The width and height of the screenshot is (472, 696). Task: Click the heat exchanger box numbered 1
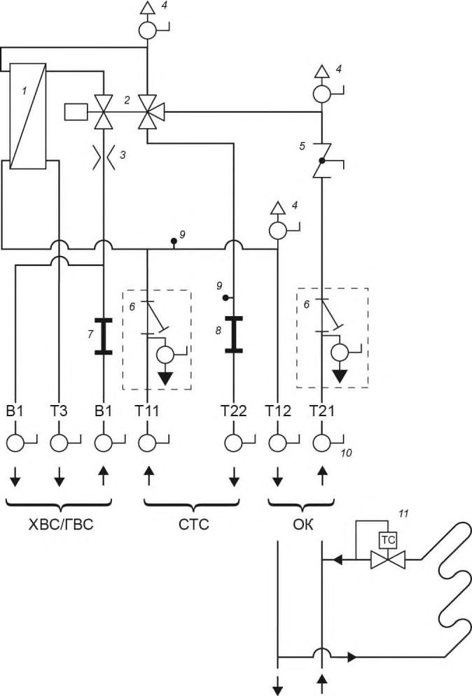[x=27, y=116]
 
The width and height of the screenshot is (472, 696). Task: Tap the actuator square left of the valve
[x=76, y=111]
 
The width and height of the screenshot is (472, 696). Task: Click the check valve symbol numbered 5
[x=323, y=160]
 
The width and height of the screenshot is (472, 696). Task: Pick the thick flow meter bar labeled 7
[x=103, y=336]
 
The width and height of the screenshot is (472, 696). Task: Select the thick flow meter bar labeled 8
[x=234, y=334]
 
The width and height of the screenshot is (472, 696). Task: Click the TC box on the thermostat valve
[x=387, y=540]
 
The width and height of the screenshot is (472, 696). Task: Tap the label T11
[x=147, y=411]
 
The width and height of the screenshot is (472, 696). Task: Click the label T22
[x=234, y=411]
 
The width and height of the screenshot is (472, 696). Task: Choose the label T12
[x=278, y=411]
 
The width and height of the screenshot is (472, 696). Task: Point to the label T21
[x=322, y=411]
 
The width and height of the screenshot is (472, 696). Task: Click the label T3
[x=59, y=411]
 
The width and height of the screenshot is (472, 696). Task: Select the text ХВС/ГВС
[x=61, y=525]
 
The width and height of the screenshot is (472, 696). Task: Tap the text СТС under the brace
[x=194, y=525]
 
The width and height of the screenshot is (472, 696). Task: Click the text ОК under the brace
[x=303, y=525]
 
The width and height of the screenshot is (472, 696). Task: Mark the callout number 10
[x=346, y=453]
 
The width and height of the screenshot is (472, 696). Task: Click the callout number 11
[x=403, y=514]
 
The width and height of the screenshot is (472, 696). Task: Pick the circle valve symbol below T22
[x=234, y=443]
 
